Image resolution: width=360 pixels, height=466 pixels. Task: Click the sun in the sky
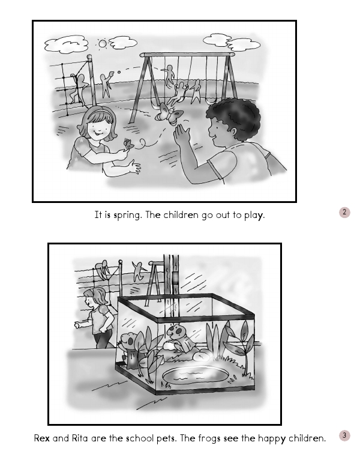coord(103,44)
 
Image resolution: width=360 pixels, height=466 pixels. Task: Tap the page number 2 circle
coord(344,212)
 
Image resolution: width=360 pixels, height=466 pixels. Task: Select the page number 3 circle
coord(344,435)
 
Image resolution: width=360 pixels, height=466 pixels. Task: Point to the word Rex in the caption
coord(42,438)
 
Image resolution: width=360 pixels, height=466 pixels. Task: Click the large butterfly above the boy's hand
coord(169,112)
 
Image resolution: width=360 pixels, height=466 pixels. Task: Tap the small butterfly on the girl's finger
coord(128,144)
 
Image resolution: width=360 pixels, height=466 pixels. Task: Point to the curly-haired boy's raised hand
coord(182,135)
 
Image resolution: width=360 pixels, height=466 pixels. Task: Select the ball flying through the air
coord(119,72)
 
